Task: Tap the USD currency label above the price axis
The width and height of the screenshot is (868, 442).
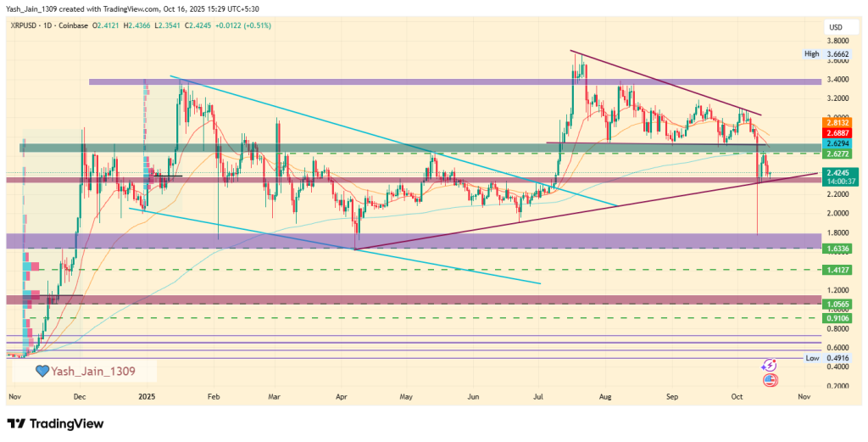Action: pyautogui.click(x=834, y=27)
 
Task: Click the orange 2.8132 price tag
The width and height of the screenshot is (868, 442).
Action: pyautogui.click(x=837, y=122)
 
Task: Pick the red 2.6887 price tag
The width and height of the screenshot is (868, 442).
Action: pyautogui.click(x=837, y=133)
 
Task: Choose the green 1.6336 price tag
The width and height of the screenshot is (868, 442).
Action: pyautogui.click(x=837, y=248)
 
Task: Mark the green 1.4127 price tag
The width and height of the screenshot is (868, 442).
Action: pyautogui.click(x=837, y=269)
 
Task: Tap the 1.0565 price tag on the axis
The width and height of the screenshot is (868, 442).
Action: pyautogui.click(x=837, y=303)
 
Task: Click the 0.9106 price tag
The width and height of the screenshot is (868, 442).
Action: pyautogui.click(x=837, y=317)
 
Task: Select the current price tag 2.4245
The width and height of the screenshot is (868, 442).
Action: pyautogui.click(x=837, y=172)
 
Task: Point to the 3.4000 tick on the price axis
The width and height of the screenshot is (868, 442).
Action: pyautogui.click(x=838, y=80)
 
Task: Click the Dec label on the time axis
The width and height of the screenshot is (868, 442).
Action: pyautogui.click(x=80, y=396)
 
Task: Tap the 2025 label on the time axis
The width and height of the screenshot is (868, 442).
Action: pyautogui.click(x=147, y=396)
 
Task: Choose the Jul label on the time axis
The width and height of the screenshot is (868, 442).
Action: pyautogui.click(x=538, y=396)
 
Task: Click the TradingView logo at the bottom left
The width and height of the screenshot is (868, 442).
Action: pyautogui.click(x=55, y=423)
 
